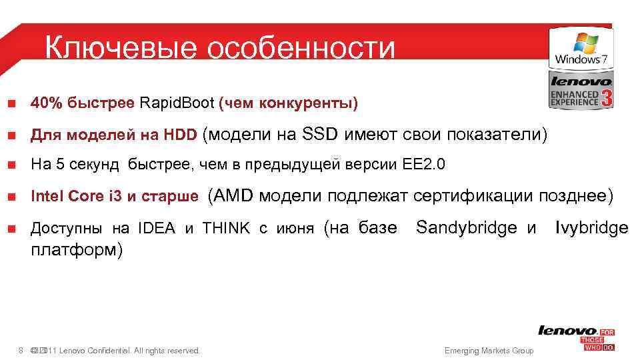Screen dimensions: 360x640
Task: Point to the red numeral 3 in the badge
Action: click(x=606, y=98)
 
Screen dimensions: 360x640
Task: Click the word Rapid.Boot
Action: click(x=177, y=104)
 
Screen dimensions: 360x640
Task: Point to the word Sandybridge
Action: click(x=467, y=228)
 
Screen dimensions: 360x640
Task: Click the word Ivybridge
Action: click(x=591, y=228)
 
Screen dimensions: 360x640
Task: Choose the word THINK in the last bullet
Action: click(x=225, y=229)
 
